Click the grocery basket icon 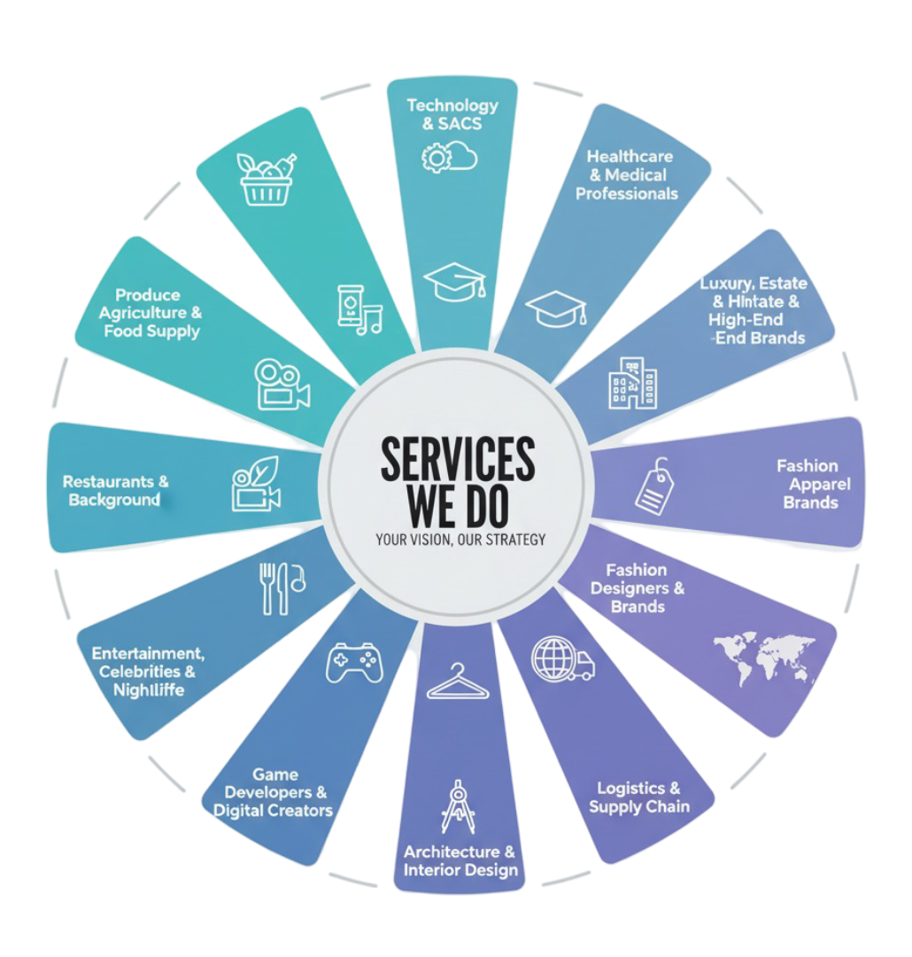pyautogui.click(x=267, y=179)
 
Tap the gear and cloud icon pyautogui.click(x=450, y=158)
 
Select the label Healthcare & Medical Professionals pyautogui.click(x=628, y=175)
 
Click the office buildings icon pyautogui.click(x=633, y=383)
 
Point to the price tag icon pyautogui.click(x=654, y=486)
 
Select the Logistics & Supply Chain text pyautogui.click(x=638, y=797)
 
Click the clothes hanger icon pyautogui.click(x=457, y=682)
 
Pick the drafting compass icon pyautogui.click(x=459, y=806)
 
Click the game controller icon pyautogui.click(x=354, y=663)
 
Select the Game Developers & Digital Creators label pyautogui.click(x=274, y=793)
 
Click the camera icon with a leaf pyautogui.click(x=256, y=484)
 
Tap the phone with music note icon pyautogui.click(x=359, y=309)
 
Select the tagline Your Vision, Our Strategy pyautogui.click(x=460, y=539)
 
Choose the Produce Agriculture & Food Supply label pyautogui.click(x=149, y=314)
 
